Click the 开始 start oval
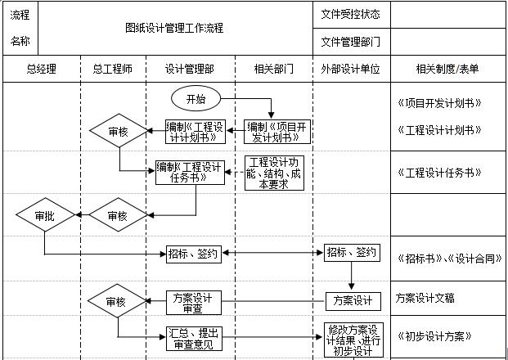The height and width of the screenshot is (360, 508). click(x=196, y=99)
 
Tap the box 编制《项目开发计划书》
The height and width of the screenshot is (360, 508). click(x=274, y=131)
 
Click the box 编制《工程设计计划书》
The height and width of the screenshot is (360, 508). click(x=195, y=131)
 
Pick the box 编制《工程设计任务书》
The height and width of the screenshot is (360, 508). click(x=190, y=173)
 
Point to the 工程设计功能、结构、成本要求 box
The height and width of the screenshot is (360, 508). click(x=274, y=173)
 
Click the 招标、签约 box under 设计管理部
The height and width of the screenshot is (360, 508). click(x=193, y=254)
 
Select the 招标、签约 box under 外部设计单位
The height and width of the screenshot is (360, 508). click(x=352, y=252)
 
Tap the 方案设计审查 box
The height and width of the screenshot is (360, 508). click(x=193, y=303)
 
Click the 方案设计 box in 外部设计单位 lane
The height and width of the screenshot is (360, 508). click(x=353, y=301)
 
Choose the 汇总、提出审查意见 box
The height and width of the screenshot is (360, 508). click(x=194, y=339)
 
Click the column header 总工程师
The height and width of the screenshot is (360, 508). click(x=113, y=70)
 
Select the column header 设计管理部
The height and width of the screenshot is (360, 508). click(x=190, y=70)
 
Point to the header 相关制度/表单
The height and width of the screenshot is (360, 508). click(x=447, y=70)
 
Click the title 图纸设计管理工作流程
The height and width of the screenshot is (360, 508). click(x=174, y=27)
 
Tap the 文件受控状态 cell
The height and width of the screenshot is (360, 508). click(x=351, y=14)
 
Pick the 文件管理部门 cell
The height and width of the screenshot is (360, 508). click(x=351, y=41)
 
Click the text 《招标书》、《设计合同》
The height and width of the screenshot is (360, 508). click(x=448, y=259)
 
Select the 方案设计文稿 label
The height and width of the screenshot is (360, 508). click(x=425, y=298)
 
